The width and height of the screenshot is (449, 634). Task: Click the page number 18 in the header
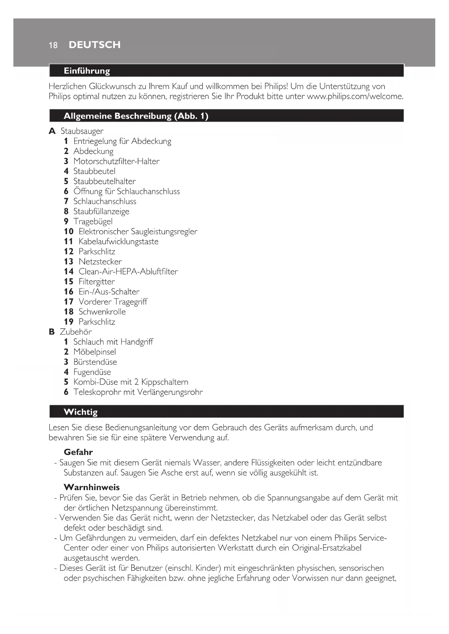53,45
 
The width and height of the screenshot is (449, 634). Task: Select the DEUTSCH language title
94,45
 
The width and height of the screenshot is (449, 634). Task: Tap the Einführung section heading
87,71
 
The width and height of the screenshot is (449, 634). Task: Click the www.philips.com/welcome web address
355,97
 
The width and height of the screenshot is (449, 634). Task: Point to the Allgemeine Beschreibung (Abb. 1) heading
136,116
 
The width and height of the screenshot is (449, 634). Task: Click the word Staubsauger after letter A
82,131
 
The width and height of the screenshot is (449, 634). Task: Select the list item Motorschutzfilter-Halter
116,161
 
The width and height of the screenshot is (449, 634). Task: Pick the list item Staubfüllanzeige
101,211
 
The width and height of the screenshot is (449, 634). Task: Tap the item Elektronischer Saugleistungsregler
138,231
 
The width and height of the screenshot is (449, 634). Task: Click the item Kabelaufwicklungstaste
118,241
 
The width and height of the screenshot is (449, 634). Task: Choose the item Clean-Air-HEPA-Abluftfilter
128,271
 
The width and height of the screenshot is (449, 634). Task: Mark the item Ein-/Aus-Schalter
109,292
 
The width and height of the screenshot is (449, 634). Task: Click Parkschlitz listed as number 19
97,322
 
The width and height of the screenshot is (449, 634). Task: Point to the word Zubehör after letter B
76,332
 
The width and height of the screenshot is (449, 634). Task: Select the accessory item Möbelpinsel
94,352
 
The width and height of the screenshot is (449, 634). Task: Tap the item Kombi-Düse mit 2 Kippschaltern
131,382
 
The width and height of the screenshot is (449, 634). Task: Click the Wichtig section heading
81,412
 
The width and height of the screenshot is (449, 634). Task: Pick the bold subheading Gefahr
78,452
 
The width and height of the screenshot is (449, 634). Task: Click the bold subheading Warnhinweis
92,487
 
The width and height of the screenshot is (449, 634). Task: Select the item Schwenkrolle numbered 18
102,312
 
